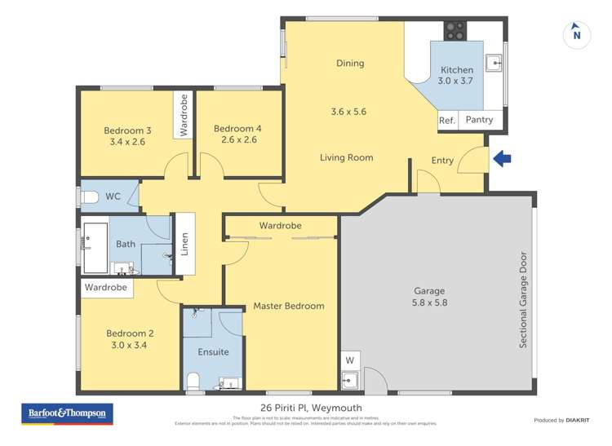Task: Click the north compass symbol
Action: (x=577, y=33)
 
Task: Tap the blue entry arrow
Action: (x=503, y=160)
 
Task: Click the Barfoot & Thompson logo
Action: (x=67, y=413)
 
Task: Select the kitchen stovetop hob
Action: (x=455, y=32)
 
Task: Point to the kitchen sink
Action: (x=494, y=62)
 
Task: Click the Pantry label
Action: (x=479, y=120)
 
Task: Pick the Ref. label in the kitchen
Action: (x=446, y=120)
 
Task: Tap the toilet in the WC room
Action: (x=89, y=197)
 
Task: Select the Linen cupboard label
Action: (x=184, y=245)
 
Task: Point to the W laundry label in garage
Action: (x=350, y=360)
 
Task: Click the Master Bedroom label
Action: (x=288, y=307)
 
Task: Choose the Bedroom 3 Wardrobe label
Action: (x=184, y=115)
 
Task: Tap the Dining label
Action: (x=350, y=64)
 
